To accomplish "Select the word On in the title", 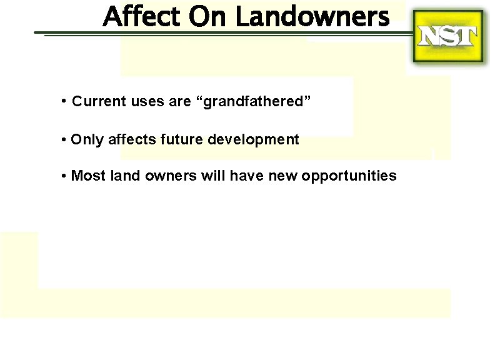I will (209, 16).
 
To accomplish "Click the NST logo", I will (447, 37).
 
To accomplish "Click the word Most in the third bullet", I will (88, 176).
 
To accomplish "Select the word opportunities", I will (349, 176).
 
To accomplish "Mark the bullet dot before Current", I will (64, 101).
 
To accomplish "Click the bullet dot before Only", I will (64, 139).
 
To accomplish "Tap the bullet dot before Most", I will (64, 176).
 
